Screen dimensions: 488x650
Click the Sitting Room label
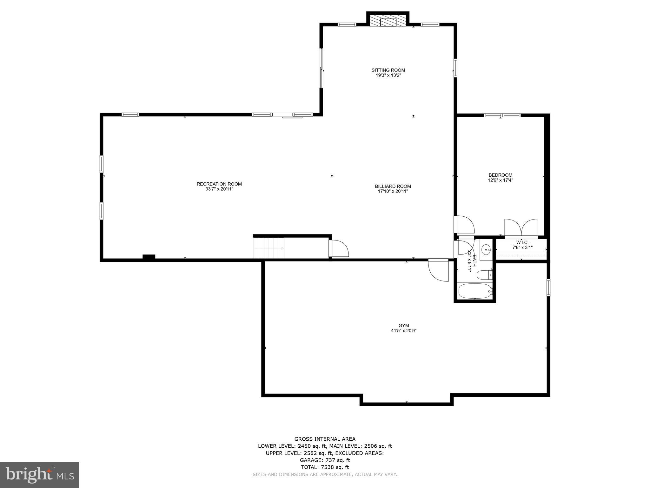pos(388,70)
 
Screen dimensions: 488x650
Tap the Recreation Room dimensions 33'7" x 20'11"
pos(219,189)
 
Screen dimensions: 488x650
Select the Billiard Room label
pos(393,186)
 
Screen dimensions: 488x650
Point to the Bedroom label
pos(500,175)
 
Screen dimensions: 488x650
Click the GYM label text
pos(404,325)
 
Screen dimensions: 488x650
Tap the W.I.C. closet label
pos(522,242)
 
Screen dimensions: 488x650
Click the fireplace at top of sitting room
pos(388,21)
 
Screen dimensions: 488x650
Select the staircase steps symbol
pos(269,248)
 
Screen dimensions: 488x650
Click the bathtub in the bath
pos(475,291)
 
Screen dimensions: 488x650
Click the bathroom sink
pos(486,250)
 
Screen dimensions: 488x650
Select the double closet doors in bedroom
pos(521,228)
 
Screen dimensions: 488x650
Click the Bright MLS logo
pos(40,475)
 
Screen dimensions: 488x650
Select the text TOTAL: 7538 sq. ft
pos(325,467)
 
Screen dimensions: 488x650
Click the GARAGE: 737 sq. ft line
pos(325,460)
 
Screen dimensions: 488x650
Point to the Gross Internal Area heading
pos(325,439)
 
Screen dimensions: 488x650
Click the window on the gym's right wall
pos(548,288)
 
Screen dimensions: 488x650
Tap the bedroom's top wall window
pos(502,115)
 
